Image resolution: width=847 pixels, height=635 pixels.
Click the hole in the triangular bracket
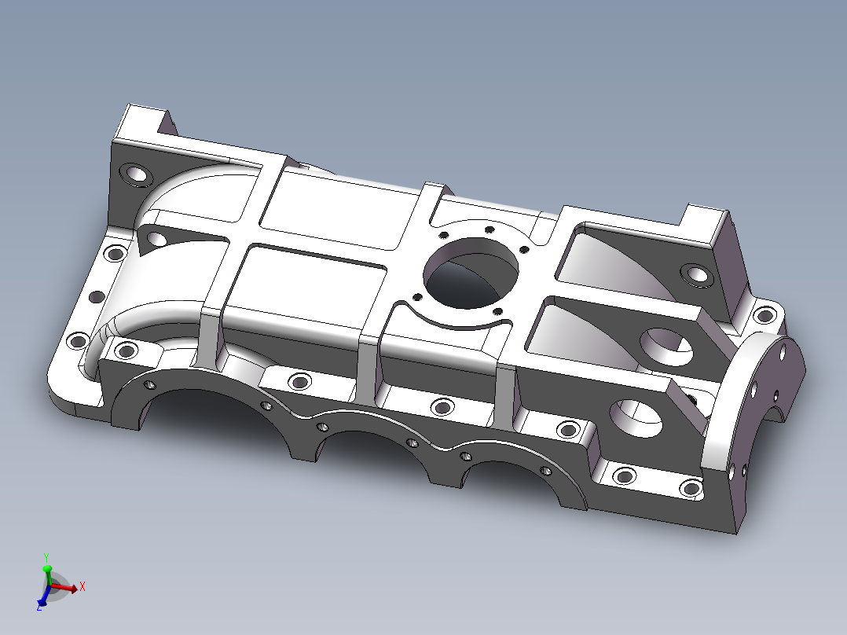[156, 238]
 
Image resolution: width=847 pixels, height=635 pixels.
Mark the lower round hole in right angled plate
[636, 416]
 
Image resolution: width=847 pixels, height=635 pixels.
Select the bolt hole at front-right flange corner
[691, 489]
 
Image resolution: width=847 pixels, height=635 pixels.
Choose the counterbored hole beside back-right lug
[695, 274]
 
